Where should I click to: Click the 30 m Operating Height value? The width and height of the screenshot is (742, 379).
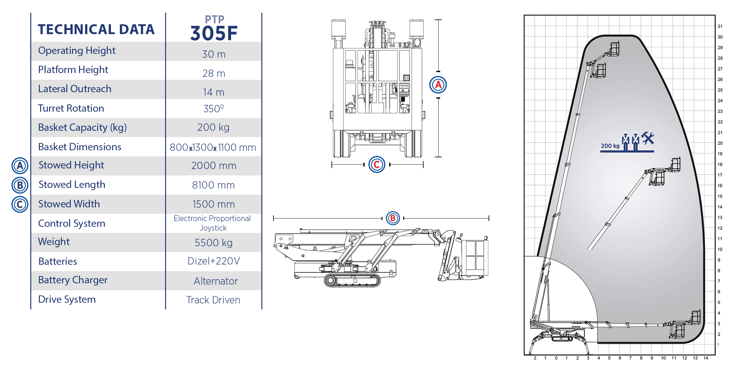[214, 54]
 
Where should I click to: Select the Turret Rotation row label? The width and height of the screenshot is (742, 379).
[71, 108]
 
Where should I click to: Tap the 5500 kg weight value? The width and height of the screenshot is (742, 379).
[214, 243]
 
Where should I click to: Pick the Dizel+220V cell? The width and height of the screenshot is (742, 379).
[214, 261]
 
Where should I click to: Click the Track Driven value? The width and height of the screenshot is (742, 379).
[213, 300]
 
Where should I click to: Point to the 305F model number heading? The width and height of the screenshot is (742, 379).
[214, 33]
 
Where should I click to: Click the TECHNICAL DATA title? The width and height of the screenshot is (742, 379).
[96, 29]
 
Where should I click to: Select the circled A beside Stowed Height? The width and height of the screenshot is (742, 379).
[20, 166]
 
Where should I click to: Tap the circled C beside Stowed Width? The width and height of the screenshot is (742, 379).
[20, 204]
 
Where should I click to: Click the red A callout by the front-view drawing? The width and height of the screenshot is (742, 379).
[438, 85]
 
